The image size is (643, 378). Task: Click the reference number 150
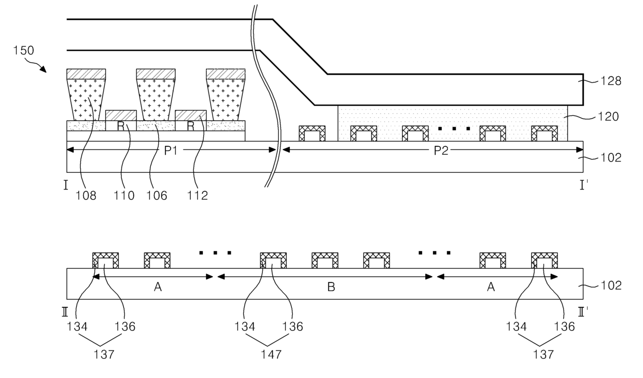(x=24, y=51)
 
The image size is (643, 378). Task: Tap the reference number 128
(x=610, y=81)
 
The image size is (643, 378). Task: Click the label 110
(x=124, y=196)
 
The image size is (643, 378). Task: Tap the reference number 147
(x=271, y=355)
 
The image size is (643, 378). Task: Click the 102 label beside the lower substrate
(x=610, y=286)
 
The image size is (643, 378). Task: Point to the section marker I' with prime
(x=583, y=185)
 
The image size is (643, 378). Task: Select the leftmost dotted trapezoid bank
(x=86, y=100)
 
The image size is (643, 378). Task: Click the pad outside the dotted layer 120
(x=312, y=133)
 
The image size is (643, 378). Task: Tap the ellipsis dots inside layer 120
(x=454, y=128)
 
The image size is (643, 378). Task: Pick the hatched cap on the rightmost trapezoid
(x=226, y=74)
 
